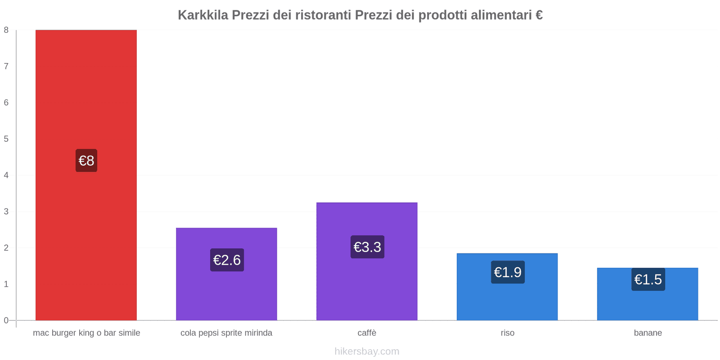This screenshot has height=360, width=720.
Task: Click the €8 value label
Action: [86, 161]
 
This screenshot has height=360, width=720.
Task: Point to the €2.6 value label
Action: [227, 260]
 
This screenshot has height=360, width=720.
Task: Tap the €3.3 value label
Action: [367, 247]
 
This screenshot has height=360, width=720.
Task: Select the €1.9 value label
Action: [508, 272]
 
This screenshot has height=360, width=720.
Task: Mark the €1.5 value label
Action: [648, 279]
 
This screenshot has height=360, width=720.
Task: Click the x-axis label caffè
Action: [367, 333]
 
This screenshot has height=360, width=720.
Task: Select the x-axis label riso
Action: [507, 333]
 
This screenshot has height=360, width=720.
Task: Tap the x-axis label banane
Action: [648, 333]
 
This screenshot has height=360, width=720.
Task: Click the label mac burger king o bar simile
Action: [86, 333]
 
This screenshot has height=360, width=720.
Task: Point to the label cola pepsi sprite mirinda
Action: [226, 333]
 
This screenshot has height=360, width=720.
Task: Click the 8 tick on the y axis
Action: [6, 30]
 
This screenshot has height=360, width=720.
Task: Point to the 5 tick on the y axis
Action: [6, 139]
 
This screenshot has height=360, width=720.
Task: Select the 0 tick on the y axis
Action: [6, 320]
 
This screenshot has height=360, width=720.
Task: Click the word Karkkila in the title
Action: [203, 15]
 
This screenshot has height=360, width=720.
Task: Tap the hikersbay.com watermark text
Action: [367, 351]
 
